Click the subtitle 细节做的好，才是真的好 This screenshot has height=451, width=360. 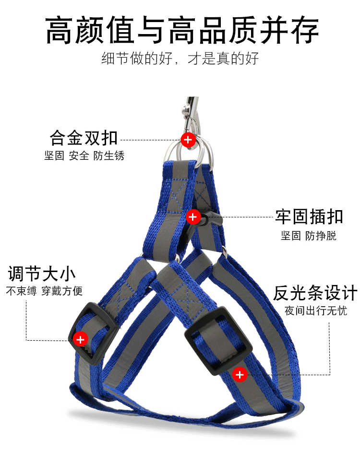[180, 59]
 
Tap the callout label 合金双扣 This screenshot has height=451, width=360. [84, 138]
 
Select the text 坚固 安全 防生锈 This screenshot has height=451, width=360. [84, 155]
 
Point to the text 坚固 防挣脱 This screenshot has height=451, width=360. [309, 235]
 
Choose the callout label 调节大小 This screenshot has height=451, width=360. [42, 274]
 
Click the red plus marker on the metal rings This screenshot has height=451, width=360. [188, 140]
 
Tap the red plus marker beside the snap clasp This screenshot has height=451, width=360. [193, 217]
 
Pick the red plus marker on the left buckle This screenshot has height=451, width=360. [80, 340]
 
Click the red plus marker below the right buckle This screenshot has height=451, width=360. [240, 374]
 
